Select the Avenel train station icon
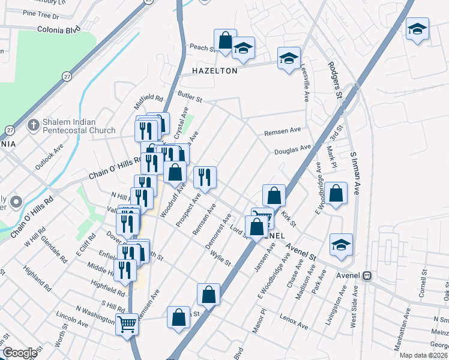click(367, 276)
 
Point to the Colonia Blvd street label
click(58, 29)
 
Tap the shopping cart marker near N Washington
click(127, 325)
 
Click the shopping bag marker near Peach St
click(225, 41)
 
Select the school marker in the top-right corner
click(417, 29)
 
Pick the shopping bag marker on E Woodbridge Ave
click(337, 194)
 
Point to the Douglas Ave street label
click(293, 149)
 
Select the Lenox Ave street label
click(294, 323)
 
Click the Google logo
click(20, 352)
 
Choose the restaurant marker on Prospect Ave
click(205, 177)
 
